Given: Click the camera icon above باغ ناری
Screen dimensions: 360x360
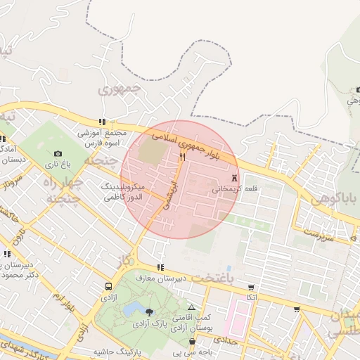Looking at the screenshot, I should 58,153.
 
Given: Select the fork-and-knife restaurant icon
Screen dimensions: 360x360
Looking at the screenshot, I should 182,157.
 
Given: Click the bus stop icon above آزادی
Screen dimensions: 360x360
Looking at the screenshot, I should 108,286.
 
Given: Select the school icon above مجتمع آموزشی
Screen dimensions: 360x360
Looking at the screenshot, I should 103,122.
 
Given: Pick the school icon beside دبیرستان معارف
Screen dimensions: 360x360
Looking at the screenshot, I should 162,267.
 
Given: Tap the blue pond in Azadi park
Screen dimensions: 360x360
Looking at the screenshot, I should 131,309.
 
